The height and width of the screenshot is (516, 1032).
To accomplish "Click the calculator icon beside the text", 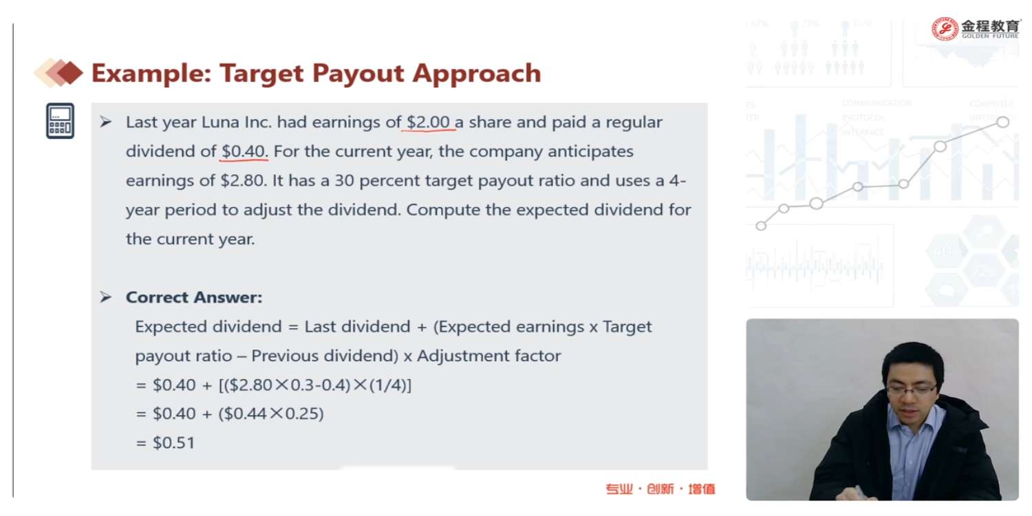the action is click(60, 120).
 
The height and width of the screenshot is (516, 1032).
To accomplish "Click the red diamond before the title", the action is click(70, 73).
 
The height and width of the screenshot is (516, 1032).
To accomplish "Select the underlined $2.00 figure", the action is click(428, 122).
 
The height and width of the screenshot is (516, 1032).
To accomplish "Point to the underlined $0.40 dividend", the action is click(244, 151).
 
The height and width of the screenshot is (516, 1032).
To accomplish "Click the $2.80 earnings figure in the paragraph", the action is click(244, 180).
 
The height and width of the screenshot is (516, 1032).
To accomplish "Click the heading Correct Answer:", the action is click(194, 297).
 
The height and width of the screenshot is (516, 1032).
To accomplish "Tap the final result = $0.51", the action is click(165, 442).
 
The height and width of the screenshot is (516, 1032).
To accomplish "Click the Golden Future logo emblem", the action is click(945, 29).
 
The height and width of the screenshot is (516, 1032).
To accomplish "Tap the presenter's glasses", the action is click(912, 391).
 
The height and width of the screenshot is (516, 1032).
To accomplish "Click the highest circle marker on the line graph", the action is click(1003, 122).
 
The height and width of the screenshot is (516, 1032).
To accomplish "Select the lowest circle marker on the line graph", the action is click(761, 226).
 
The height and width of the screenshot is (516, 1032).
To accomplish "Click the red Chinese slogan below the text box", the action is click(660, 488).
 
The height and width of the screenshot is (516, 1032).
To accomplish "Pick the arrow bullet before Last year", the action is click(106, 122).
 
